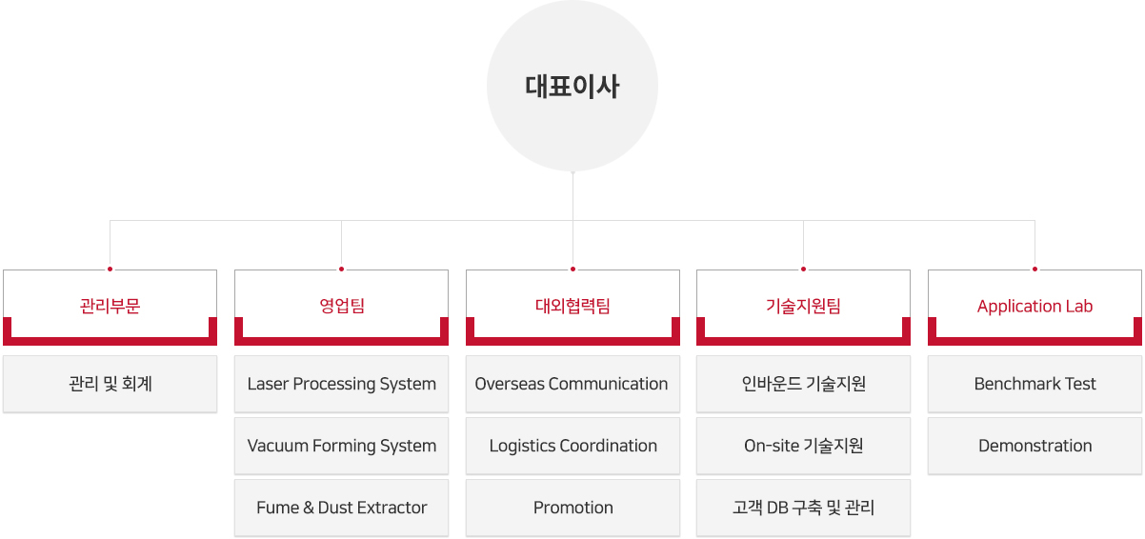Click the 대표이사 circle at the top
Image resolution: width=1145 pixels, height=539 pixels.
point(572,86)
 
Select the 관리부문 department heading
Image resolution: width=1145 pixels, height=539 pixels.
point(110,307)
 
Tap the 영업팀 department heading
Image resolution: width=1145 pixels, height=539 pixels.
point(341,307)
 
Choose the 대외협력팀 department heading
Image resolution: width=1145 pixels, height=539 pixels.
point(572,307)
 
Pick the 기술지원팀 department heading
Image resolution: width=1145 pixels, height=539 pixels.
point(804,307)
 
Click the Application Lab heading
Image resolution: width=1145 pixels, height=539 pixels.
point(1035,307)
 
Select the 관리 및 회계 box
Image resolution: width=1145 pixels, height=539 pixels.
point(110,384)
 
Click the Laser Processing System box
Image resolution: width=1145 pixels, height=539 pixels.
point(341,384)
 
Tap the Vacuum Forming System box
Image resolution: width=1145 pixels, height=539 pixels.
point(341,446)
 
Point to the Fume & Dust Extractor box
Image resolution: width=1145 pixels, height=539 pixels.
point(341,508)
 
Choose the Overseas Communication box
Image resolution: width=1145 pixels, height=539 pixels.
point(572,384)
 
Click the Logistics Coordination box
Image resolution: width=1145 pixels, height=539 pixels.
point(572,446)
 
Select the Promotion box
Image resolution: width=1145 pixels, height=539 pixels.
point(572,508)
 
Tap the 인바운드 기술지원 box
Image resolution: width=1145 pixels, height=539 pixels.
point(804,384)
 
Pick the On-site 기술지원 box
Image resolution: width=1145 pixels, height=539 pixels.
point(804,446)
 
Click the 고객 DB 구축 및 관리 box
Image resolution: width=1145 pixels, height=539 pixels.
point(804,508)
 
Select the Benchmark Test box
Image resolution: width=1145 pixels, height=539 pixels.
point(1035,384)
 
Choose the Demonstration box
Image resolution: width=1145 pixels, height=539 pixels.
point(1035,446)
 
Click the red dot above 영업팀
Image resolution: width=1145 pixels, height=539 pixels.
point(341,269)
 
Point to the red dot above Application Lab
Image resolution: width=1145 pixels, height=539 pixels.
point(1035,269)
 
